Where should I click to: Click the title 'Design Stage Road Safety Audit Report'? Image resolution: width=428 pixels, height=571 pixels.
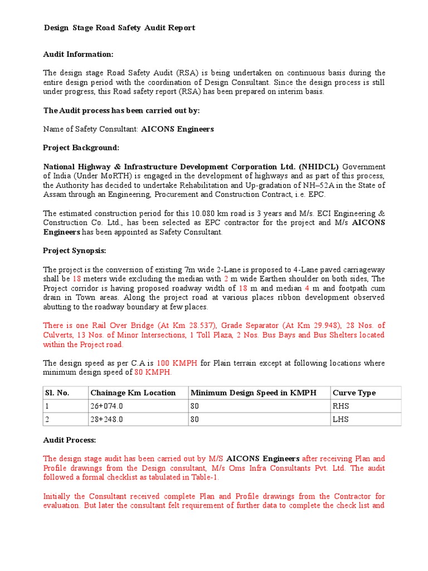119,28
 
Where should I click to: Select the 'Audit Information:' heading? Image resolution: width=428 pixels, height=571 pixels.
78,54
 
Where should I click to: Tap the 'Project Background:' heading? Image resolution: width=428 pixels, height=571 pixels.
81,148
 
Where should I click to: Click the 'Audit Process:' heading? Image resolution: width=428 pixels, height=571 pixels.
70,440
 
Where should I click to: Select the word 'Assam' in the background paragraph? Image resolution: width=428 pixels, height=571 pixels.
55,195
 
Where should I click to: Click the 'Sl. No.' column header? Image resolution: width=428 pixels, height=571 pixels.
57,393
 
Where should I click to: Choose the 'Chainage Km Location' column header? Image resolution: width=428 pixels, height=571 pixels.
133,393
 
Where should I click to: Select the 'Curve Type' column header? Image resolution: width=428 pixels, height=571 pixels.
353,393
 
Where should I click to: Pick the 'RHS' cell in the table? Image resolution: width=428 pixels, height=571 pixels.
341,406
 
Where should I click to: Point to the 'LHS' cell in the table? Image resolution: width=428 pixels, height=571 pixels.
340,419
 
